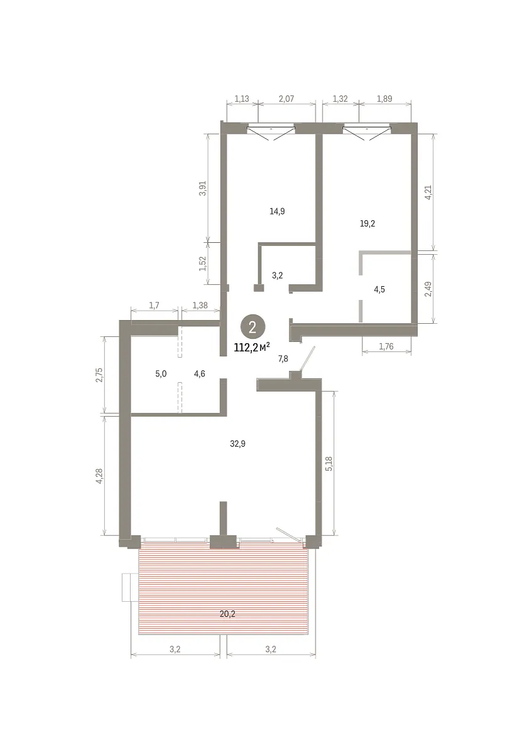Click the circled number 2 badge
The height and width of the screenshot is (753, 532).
[252, 327]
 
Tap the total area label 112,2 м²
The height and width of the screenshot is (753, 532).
[252, 347]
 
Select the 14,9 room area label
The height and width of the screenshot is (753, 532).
[277, 211]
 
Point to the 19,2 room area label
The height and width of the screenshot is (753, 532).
[367, 223]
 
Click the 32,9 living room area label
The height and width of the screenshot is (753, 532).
[237, 444]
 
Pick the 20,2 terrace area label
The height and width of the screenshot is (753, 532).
[227, 614]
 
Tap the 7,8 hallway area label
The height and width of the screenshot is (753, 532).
[283, 359]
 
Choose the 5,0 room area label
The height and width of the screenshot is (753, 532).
[161, 374]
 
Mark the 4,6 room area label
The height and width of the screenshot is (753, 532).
[200, 374]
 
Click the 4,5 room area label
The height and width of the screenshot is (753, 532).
[379, 289]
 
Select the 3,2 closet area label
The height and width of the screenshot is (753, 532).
[277, 275]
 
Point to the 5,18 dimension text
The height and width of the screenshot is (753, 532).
[328, 463]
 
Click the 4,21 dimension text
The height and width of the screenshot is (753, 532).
[428, 192]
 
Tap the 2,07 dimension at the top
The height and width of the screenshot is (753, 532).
[286, 99]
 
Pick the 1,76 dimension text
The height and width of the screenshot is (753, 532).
[386, 346]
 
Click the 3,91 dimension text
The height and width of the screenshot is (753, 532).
[202, 188]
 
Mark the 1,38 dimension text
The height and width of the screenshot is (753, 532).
[200, 305]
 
